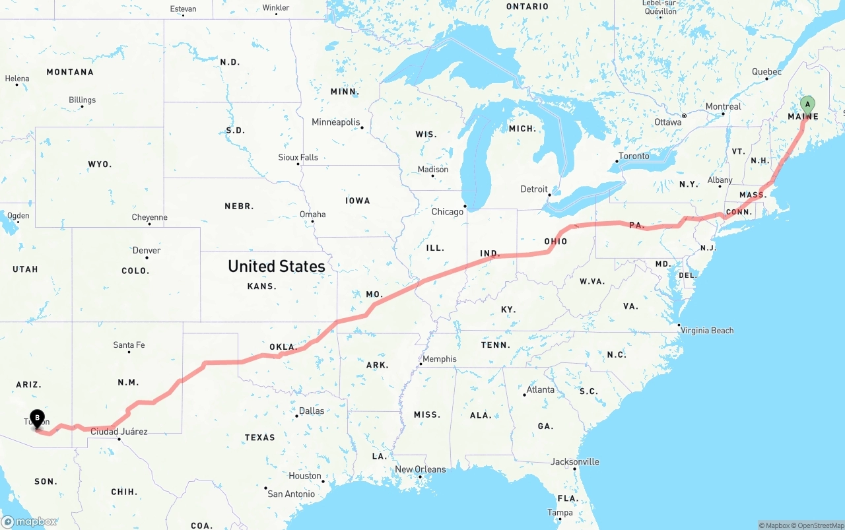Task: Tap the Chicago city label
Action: pos(448,212)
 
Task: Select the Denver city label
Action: pos(146,250)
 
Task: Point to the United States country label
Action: pos(276,266)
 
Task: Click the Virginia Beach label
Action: pos(707,330)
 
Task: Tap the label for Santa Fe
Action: pos(129,345)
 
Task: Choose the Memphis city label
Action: pos(439,359)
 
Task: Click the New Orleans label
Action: pos(420,469)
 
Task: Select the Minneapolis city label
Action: pos(336,122)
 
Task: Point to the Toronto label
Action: pos(634,156)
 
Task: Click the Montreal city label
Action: pos(723,106)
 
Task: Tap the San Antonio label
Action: pos(291,494)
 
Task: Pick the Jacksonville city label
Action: pos(574,461)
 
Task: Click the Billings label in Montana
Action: pos(82,100)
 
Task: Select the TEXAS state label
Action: pos(259,438)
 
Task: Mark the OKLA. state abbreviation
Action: pos(283,347)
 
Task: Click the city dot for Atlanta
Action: pos(524,395)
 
